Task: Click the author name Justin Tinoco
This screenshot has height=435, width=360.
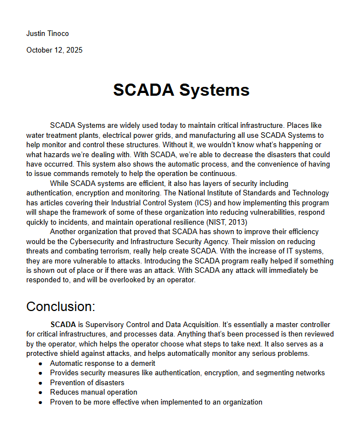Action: [x=48, y=34]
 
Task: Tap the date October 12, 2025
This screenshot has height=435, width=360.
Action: [x=54, y=50]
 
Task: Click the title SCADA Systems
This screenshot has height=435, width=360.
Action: [x=181, y=90]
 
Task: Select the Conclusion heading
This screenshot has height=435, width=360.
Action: [x=61, y=307]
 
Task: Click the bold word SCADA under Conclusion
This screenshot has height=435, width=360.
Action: [x=62, y=324]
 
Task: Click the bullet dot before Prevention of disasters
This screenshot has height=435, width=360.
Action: [x=40, y=383]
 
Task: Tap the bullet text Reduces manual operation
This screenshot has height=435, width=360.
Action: [x=93, y=392]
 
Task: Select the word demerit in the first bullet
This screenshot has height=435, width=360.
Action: [x=142, y=364]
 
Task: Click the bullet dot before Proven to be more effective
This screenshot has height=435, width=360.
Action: [x=40, y=402]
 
